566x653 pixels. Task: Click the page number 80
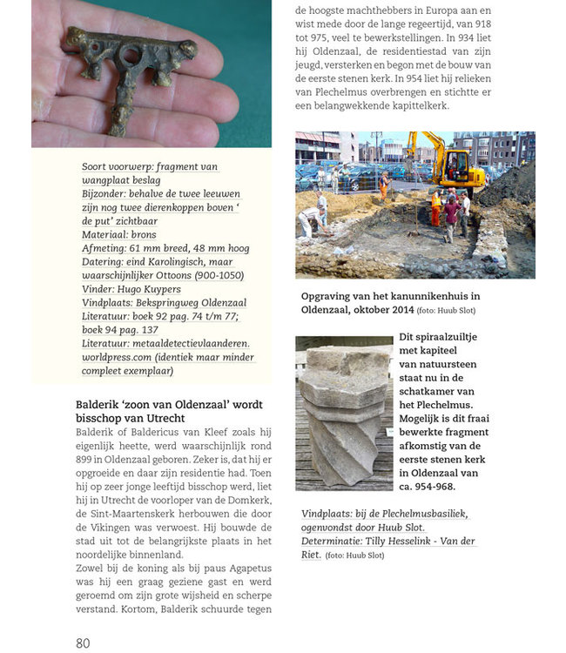coord(83,643)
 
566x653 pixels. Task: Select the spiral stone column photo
coord(344,413)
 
